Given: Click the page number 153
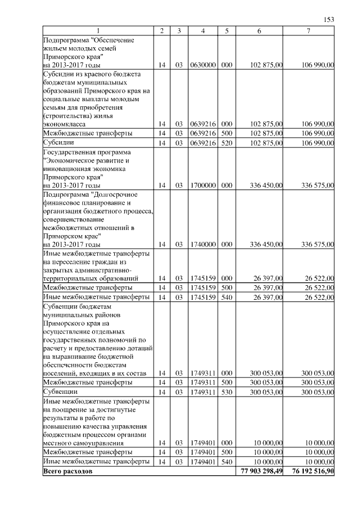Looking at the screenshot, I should click(329, 20).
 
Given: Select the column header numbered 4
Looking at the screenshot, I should click(202, 31).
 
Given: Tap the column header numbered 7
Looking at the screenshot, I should click(309, 31).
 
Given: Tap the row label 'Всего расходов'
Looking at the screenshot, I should click(67, 470).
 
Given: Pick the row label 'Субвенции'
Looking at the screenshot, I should click(60, 391).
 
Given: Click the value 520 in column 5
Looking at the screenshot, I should click(227, 143).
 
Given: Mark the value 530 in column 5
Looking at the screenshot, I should click(227, 391).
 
